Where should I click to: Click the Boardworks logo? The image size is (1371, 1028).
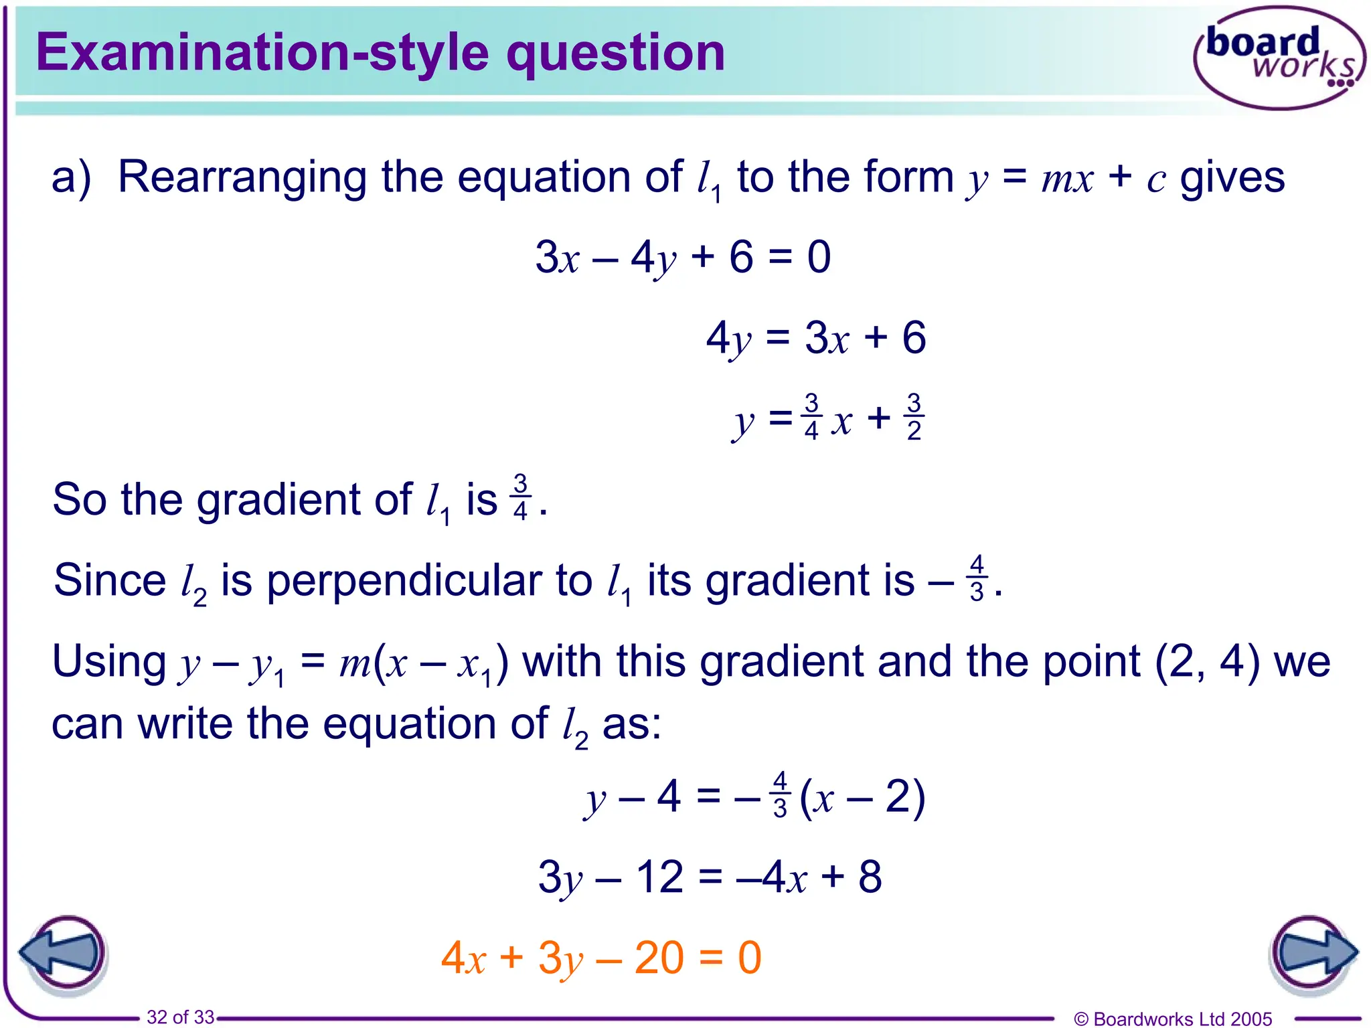pos(1279,58)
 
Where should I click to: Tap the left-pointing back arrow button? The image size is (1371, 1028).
pos(64,953)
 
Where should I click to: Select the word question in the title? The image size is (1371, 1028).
pos(615,54)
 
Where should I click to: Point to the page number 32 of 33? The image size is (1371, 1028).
pos(180,1017)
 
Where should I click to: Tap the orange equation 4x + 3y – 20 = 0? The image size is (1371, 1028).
pos(601,958)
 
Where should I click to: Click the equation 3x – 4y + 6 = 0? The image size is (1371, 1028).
pos(683,257)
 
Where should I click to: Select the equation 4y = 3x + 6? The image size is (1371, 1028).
pos(816,338)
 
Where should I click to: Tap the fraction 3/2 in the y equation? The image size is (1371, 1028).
pos(914,418)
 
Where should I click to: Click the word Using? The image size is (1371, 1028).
pos(109,661)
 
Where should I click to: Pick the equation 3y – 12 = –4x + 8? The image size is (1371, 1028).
pos(710,877)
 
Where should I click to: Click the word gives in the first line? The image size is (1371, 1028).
pos(1232,178)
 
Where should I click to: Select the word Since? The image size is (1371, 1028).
pos(110,580)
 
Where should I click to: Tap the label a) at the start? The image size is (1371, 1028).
pos(71,178)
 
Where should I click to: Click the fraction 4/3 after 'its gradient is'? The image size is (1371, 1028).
pos(977,579)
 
